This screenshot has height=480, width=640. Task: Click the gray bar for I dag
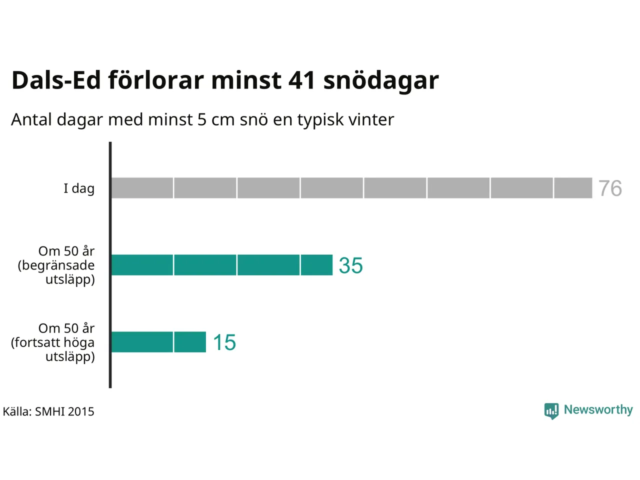pyautogui.click(x=351, y=188)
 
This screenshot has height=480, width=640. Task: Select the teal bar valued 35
pyautogui.click(x=221, y=265)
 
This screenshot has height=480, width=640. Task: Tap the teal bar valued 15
pyautogui.click(x=158, y=342)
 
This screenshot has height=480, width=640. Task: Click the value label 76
pyautogui.click(x=610, y=188)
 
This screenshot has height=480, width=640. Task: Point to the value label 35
pyautogui.click(x=350, y=265)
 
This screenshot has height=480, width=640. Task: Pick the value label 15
pyautogui.click(x=224, y=342)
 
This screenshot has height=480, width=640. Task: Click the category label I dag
pyautogui.click(x=79, y=188)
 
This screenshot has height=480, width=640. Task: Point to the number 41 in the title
pyautogui.click(x=302, y=80)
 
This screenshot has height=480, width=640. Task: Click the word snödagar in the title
pyautogui.click(x=381, y=80)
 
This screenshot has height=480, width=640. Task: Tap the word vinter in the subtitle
pyautogui.click(x=371, y=119)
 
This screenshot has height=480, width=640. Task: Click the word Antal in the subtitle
pyautogui.click(x=31, y=119)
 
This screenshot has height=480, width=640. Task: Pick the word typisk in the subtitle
pyautogui.click(x=320, y=120)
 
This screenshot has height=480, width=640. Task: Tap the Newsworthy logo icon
pyautogui.click(x=551, y=410)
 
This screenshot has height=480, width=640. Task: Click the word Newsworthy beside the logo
pyautogui.click(x=598, y=409)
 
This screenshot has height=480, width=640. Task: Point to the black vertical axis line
pyautogui.click(x=110, y=265)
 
